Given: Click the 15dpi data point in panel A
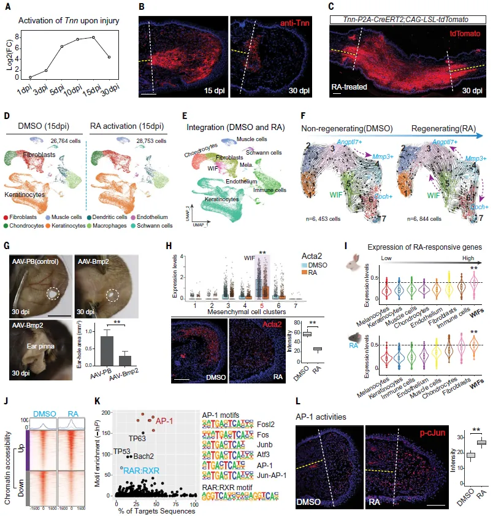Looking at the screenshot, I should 93,37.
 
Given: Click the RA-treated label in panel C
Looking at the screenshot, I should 350,87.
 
